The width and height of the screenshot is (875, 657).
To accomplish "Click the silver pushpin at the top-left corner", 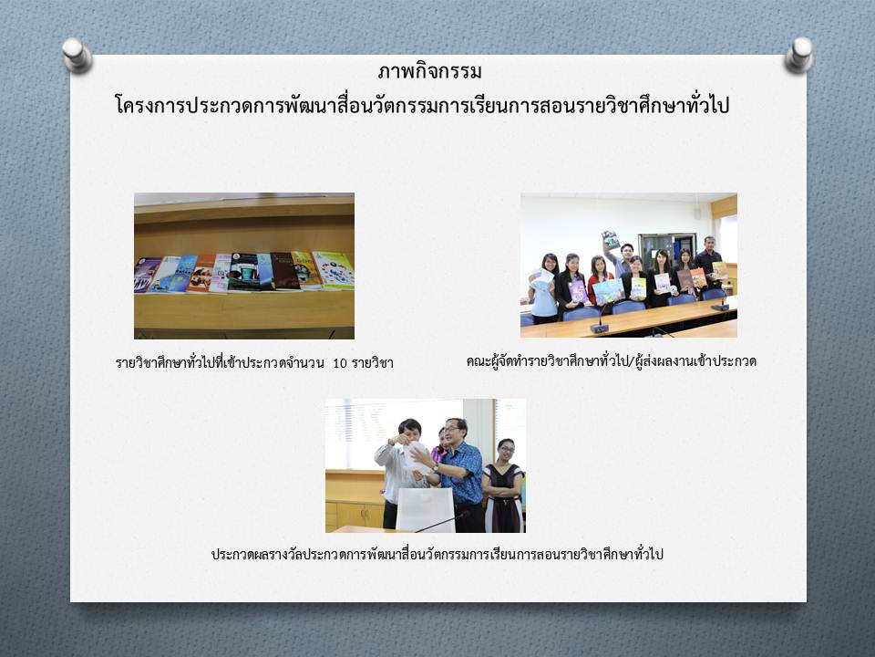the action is coord(77,56).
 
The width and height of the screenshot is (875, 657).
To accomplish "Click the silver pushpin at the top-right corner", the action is coord(798,56).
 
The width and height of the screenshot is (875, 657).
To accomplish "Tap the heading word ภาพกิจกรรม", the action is coord(429,71).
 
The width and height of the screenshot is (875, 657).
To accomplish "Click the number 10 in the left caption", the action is coord(340,363).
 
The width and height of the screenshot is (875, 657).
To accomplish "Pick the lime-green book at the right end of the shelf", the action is coord(335,270).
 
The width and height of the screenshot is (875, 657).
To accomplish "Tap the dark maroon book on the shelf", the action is coord(285,272).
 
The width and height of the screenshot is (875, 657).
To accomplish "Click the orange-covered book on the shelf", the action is coord(201,273).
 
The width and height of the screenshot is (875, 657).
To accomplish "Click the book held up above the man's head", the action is coord(611,240).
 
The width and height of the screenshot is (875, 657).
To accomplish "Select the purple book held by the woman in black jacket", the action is coord(578,291).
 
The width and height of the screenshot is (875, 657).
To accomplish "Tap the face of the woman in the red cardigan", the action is coord(600,265).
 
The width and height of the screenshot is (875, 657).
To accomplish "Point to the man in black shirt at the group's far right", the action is coord(709,262).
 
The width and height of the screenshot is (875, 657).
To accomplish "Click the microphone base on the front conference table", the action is coord(600,328).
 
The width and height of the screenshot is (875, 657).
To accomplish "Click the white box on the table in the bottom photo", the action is coord(426,510).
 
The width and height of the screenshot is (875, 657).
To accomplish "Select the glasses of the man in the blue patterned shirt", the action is coord(453,429).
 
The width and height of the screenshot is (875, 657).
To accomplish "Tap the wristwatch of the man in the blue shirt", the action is coord(436,467).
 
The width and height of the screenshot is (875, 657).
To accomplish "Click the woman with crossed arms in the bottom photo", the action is coord(503,486).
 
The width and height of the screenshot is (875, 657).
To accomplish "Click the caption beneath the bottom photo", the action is coord(437,554).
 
